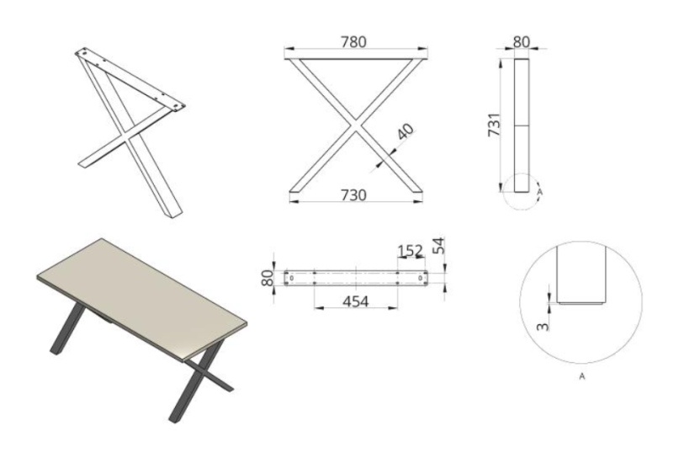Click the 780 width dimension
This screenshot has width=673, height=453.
[x=353, y=42]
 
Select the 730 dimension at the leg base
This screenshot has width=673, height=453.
[x=353, y=195]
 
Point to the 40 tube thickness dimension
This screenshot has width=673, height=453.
[x=405, y=131]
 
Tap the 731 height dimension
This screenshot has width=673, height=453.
[x=494, y=125]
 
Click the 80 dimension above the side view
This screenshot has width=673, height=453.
[x=522, y=42]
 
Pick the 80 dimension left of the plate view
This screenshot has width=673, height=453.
[x=268, y=278]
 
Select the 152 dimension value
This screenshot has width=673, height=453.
[x=411, y=251]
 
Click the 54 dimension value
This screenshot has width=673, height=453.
[x=438, y=246]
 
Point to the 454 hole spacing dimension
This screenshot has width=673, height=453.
[x=356, y=301]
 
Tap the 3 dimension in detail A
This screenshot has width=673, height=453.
[x=543, y=327]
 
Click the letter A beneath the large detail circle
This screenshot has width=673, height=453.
[x=582, y=376]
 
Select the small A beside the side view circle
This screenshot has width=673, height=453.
[x=539, y=192]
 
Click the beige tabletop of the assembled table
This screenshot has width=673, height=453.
[x=141, y=296]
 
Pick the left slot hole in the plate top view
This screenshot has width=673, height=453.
[x=292, y=279]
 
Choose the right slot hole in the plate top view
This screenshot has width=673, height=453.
[x=421, y=279]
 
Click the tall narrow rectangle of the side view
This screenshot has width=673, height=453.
[x=522, y=125]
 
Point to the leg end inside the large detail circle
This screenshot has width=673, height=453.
[x=581, y=275]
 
